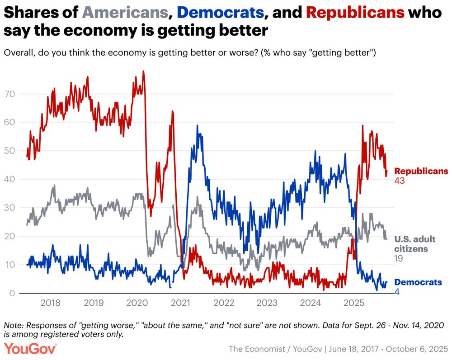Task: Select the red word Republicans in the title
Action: coord(355,12)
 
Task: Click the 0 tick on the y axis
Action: coord(14,293)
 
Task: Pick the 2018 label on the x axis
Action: coord(50,303)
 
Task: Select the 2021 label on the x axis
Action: coord(180,303)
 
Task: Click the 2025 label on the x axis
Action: coord(354,303)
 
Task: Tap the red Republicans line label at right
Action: coord(421,171)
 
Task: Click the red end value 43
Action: coord(400,181)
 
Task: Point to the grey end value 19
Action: coord(399,258)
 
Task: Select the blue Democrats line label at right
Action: coord(418,282)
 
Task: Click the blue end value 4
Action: coord(397,292)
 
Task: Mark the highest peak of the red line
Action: coord(143,71)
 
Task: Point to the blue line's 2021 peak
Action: coord(197,126)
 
